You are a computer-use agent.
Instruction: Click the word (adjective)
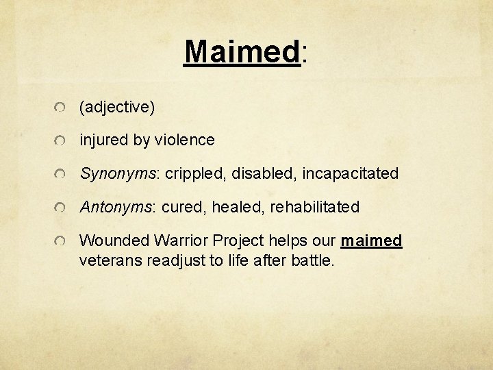click(x=117, y=107)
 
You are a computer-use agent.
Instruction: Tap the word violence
click(x=184, y=140)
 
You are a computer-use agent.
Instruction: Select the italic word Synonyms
click(x=118, y=173)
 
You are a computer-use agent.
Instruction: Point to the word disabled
click(x=261, y=173)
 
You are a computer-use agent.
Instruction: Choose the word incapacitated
click(x=349, y=173)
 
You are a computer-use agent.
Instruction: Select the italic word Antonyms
click(x=116, y=206)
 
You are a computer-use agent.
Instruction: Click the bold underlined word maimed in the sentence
click(x=371, y=241)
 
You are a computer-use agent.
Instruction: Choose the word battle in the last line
click(x=312, y=260)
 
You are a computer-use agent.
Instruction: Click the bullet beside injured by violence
click(x=61, y=141)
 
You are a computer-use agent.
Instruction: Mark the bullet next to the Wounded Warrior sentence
click(x=61, y=242)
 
